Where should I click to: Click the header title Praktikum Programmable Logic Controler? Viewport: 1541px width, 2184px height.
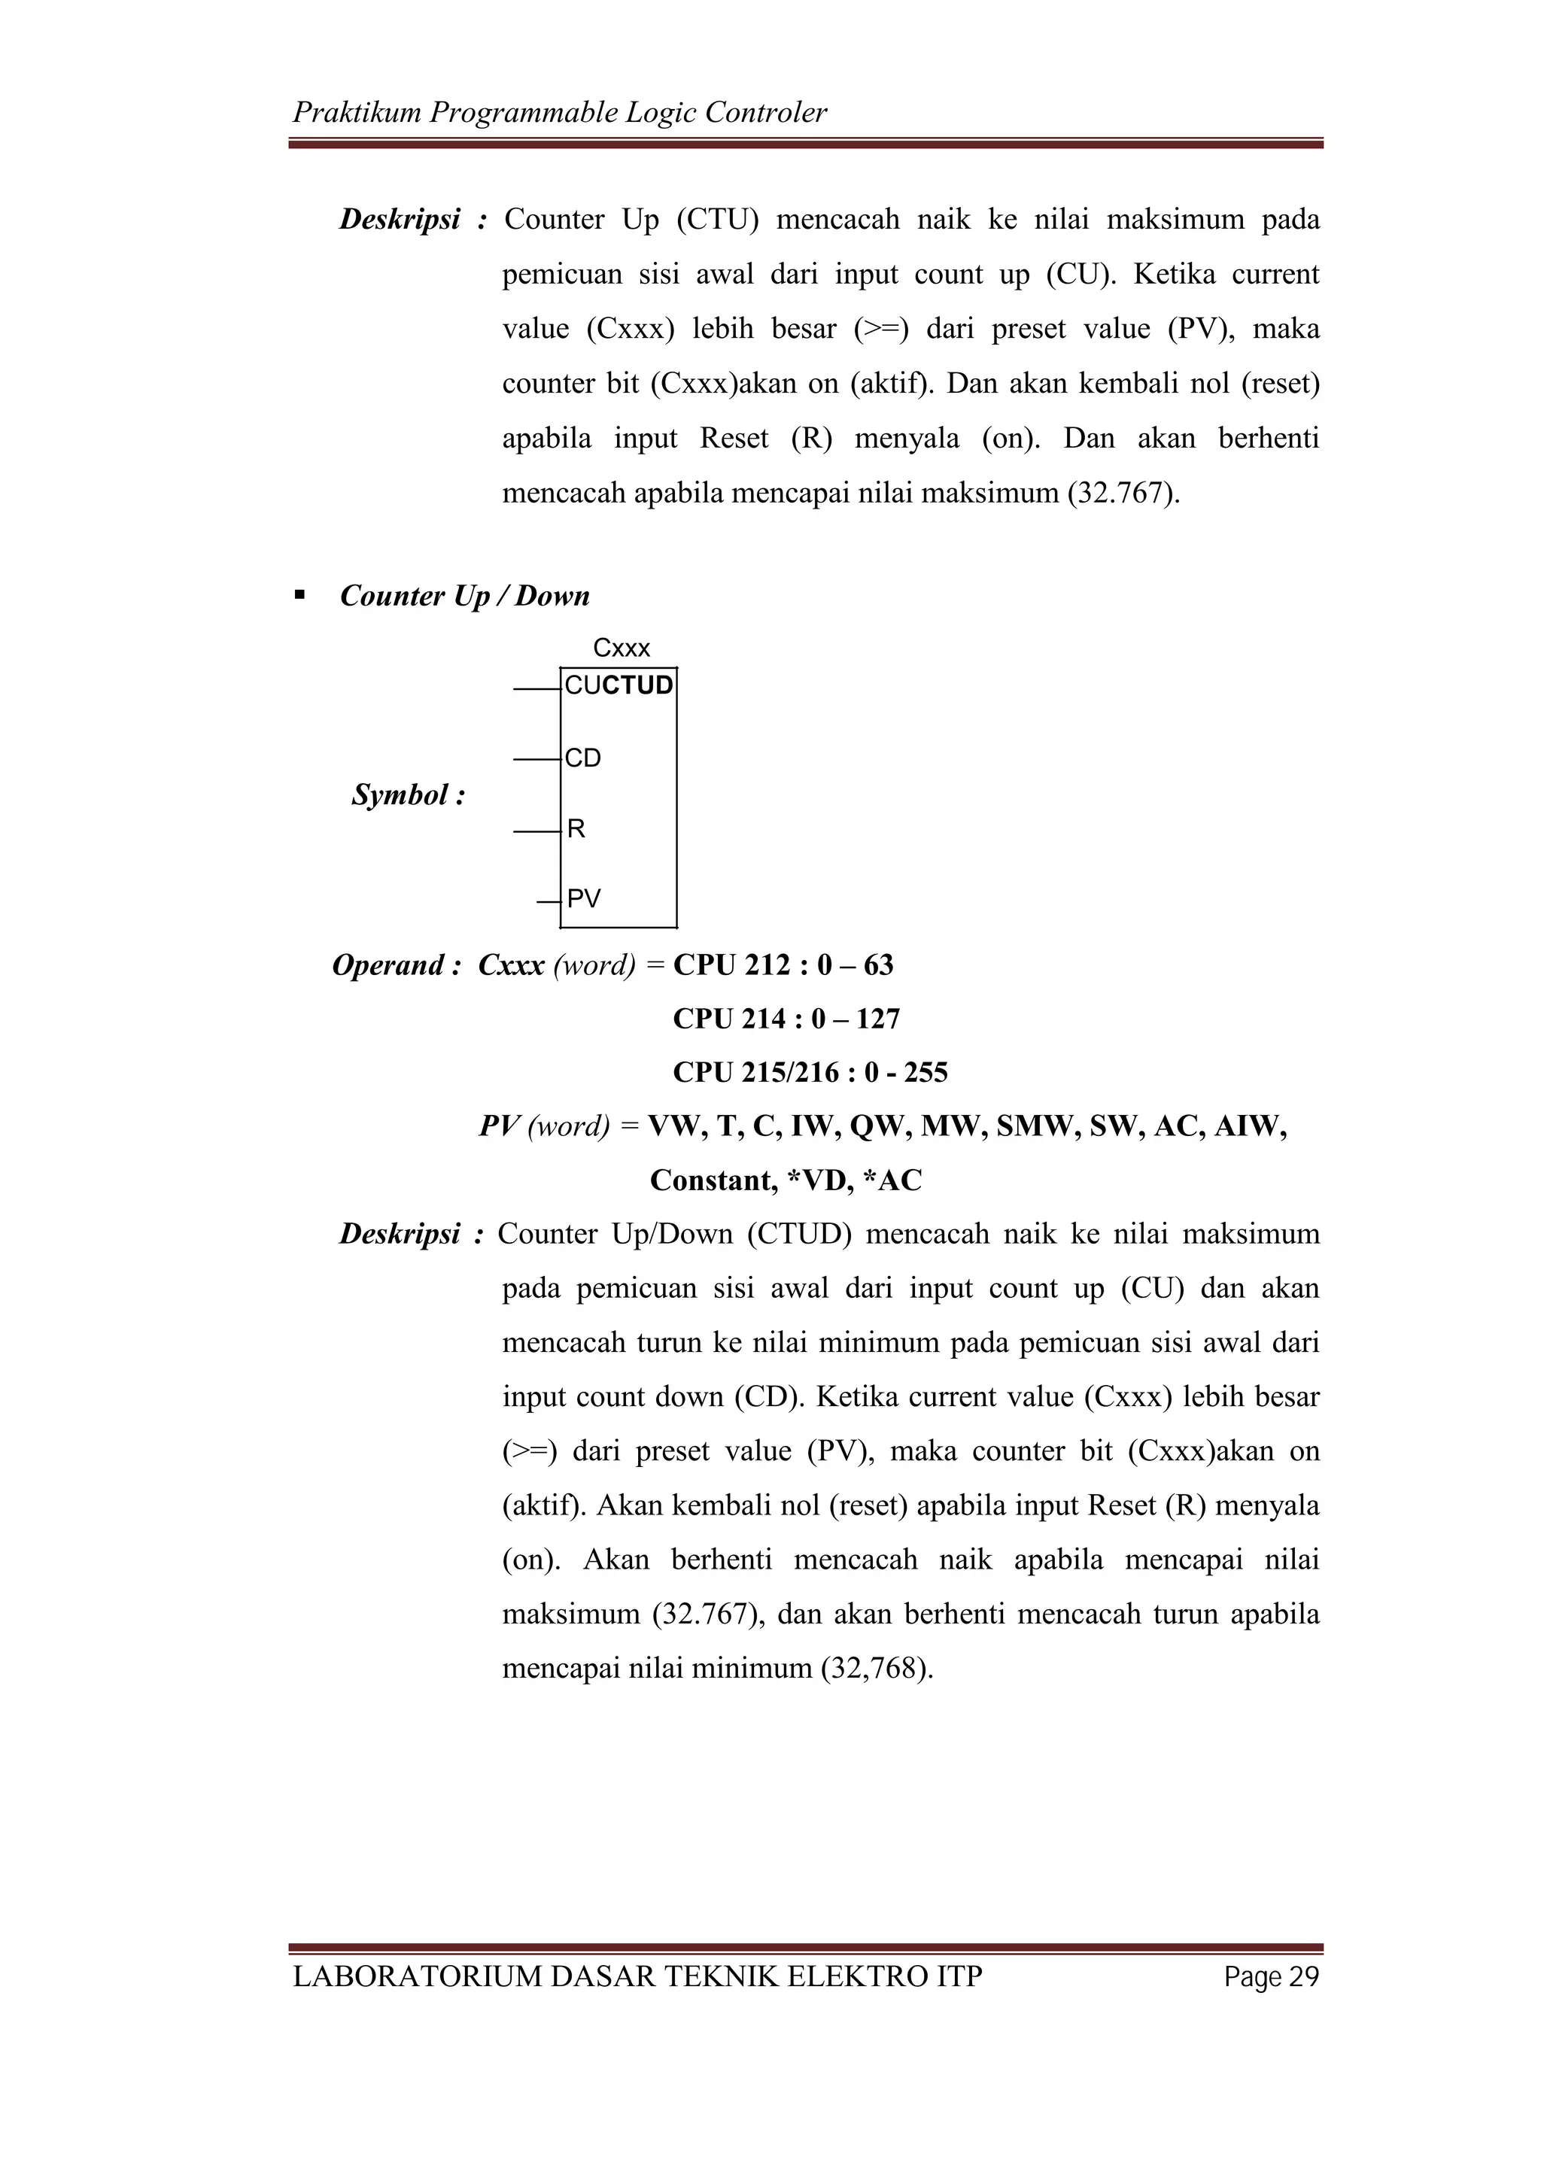[559, 113]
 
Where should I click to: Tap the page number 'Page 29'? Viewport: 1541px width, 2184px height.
[1272, 1978]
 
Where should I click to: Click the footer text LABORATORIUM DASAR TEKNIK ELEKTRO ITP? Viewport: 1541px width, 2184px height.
[637, 1978]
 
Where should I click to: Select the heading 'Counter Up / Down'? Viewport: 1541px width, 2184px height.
[464, 597]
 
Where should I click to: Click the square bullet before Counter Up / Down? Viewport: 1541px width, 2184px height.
[300, 595]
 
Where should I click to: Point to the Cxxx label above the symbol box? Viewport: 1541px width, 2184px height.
[622, 649]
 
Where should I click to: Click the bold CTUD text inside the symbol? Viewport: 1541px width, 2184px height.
[637, 686]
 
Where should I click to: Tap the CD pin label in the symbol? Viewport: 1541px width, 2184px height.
[582, 759]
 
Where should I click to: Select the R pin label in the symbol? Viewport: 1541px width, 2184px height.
[576, 830]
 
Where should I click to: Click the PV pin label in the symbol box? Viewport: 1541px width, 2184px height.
[583, 899]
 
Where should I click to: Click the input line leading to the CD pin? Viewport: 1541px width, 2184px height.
[536, 760]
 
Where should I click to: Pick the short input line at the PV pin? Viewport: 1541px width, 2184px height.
[547, 900]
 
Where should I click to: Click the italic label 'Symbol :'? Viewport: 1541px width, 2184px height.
[408, 795]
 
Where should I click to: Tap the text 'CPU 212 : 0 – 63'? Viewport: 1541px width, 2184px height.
[783, 965]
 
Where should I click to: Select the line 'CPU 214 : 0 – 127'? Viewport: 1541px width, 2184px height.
[786, 1019]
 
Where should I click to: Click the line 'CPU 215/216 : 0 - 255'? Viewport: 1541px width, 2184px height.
[810, 1073]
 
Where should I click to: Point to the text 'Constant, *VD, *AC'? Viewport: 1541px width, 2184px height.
[786, 1180]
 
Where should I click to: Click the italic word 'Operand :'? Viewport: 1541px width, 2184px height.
[396, 965]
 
